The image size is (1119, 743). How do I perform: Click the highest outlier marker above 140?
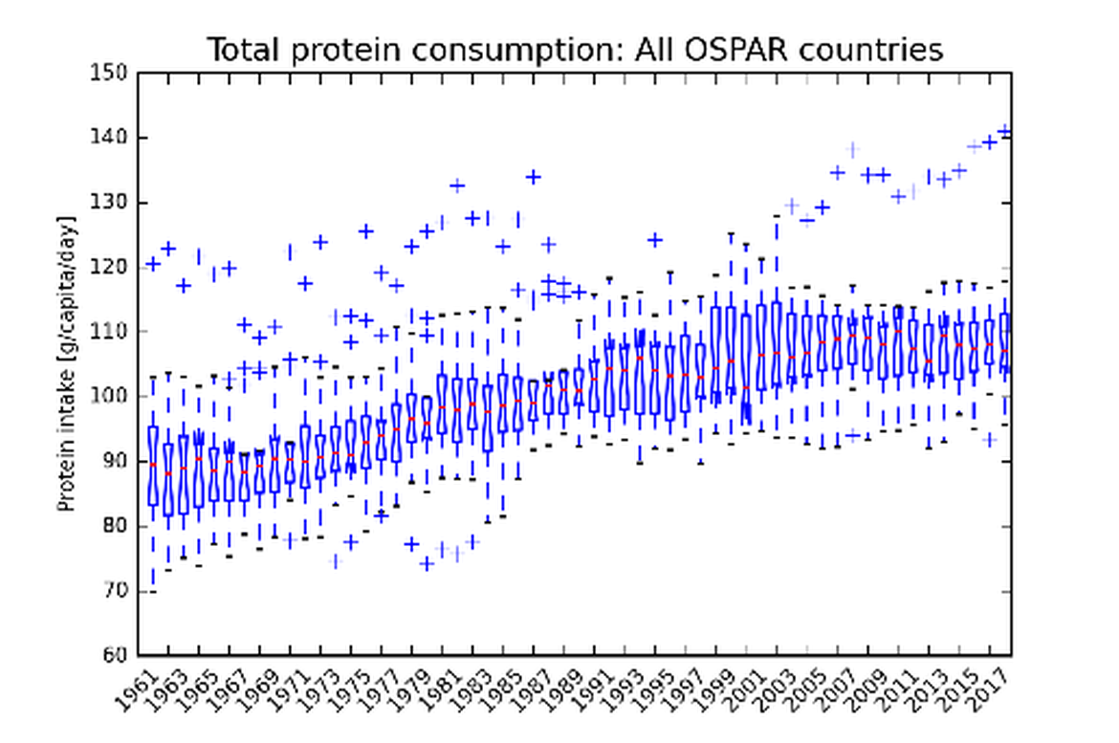tap(1004, 131)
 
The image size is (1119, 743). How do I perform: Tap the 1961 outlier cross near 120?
tap(153, 264)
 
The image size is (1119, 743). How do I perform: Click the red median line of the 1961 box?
tap(153, 464)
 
